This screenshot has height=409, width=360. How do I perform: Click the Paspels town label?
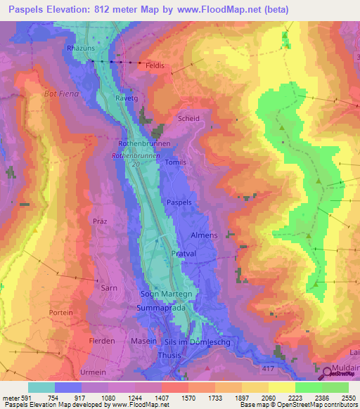coord(179,202)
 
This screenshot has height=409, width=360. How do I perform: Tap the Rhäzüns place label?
coord(80,48)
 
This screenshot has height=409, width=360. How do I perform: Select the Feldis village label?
coord(155,65)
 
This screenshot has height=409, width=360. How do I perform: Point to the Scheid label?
coord(189,119)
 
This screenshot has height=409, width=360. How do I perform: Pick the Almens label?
coord(205,235)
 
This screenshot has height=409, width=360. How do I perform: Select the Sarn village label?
coord(89,288)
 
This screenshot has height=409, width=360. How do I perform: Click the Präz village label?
coord(99,221)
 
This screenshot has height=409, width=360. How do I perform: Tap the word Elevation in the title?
coord(69,9)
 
